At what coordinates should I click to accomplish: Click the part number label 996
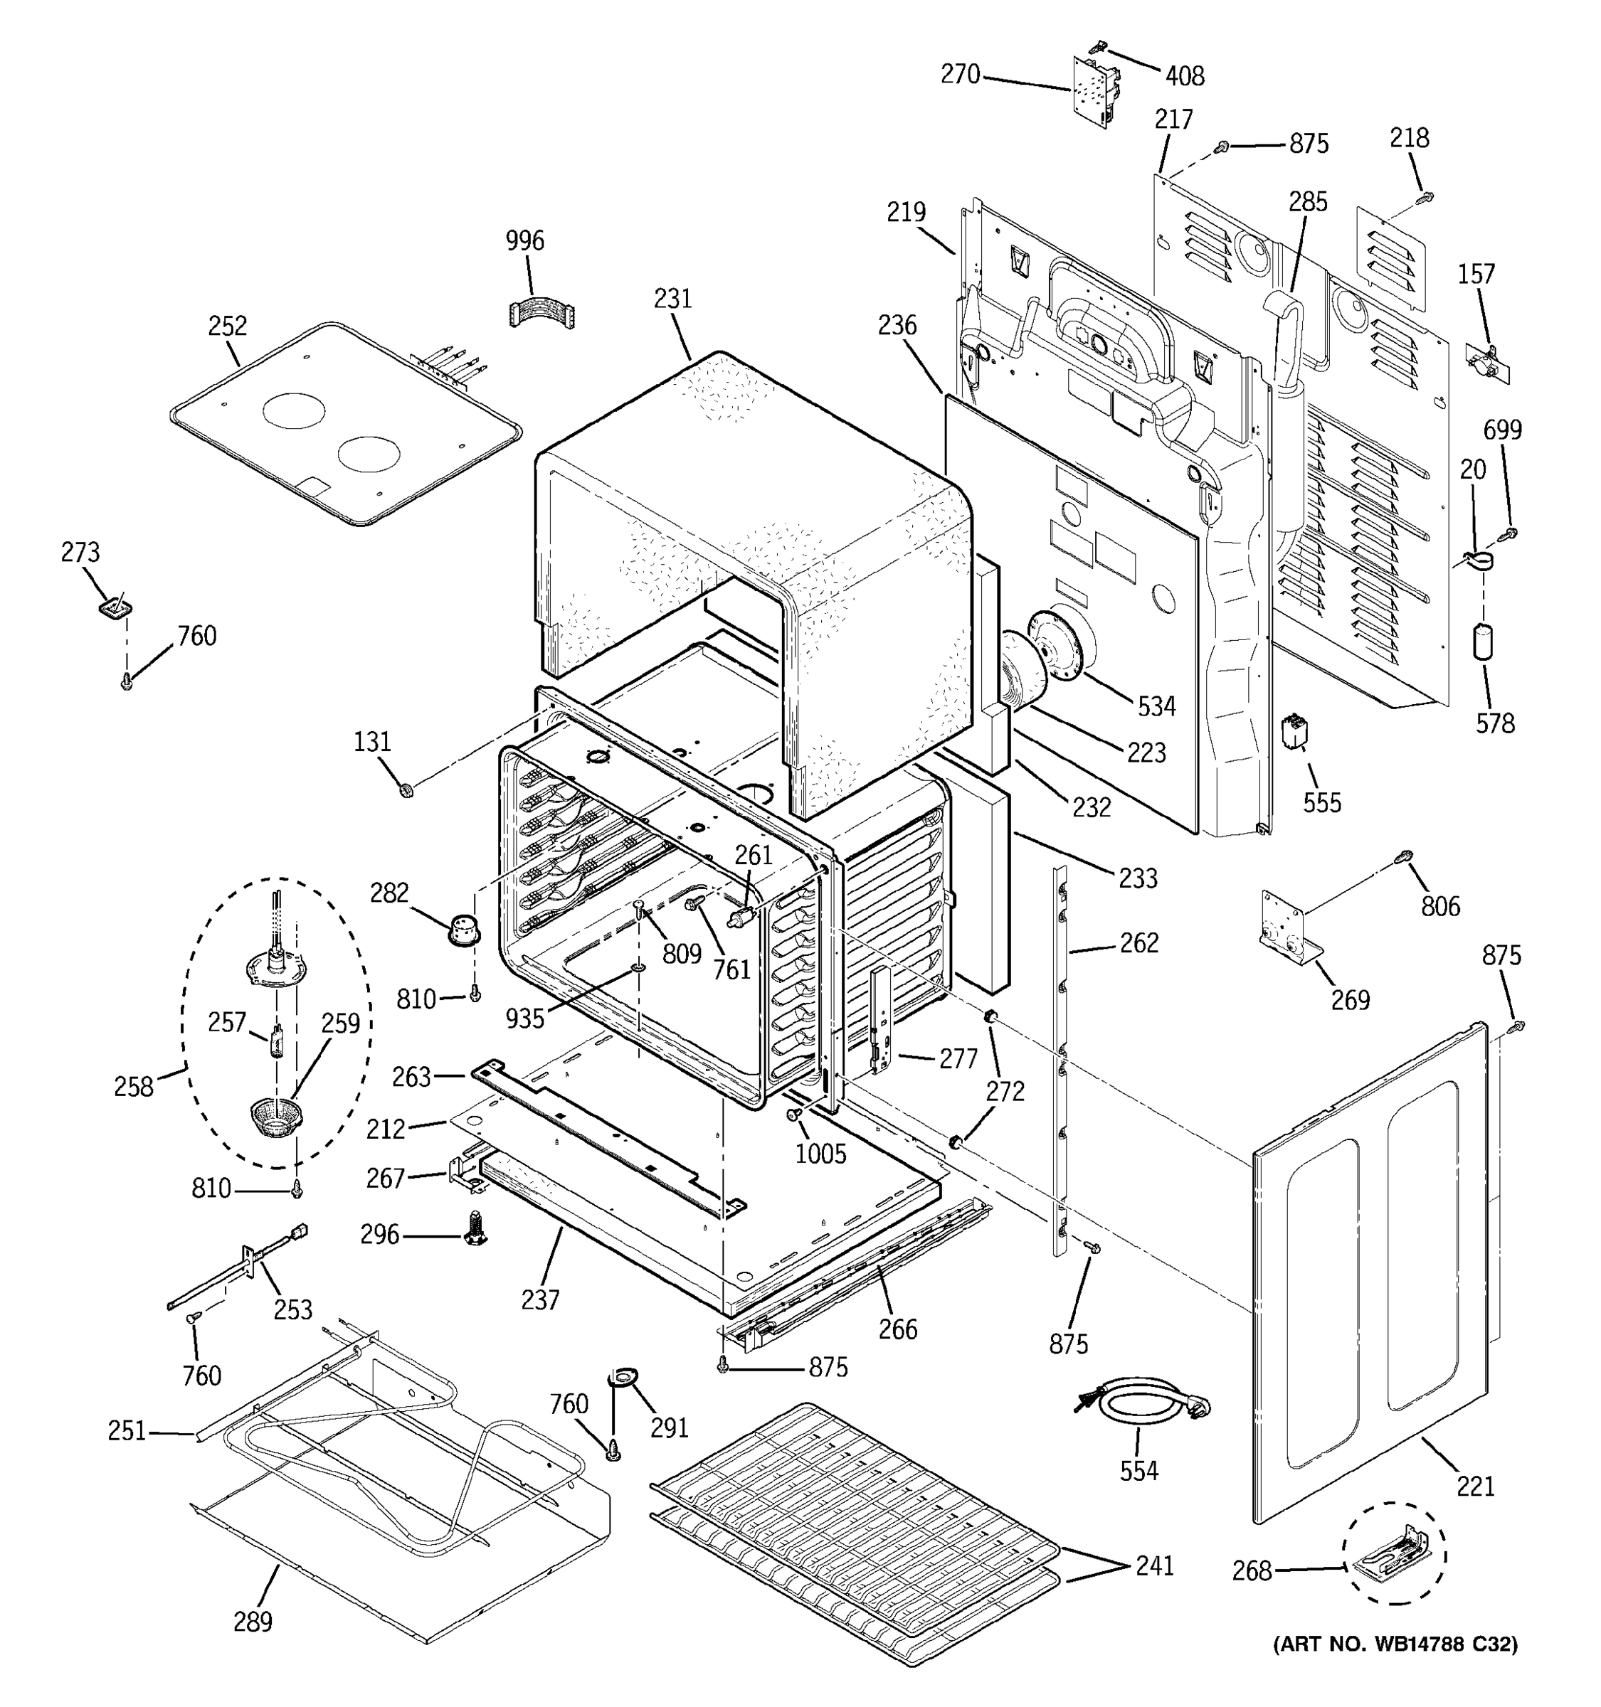524,240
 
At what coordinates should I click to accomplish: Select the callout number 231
672,299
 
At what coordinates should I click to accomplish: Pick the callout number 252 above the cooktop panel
227,326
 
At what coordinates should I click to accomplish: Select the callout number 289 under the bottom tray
253,1621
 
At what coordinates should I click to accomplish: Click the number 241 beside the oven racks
1154,1565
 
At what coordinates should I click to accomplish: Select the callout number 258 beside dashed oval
134,1086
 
